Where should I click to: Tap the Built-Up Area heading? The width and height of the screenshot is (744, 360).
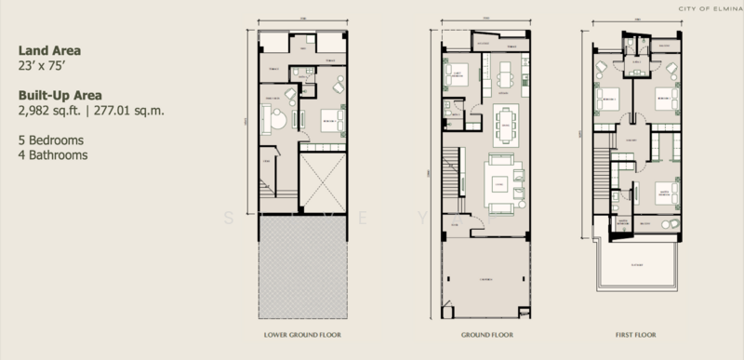click(x=57, y=95)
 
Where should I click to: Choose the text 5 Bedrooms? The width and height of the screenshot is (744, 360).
click(x=50, y=140)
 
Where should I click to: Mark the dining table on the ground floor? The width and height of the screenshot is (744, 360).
click(x=507, y=125)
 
